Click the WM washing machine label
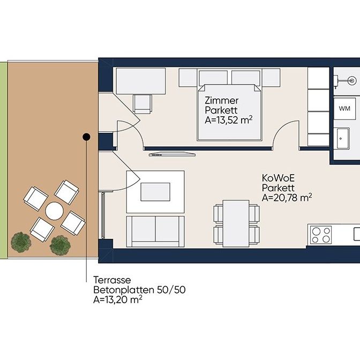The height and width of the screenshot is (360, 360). (344, 108)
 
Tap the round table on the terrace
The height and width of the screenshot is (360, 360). (55, 211)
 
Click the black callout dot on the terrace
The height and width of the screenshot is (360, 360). (86, 137)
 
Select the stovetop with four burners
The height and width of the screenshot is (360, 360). (321, 235)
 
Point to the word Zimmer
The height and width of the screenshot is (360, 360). (222, 101)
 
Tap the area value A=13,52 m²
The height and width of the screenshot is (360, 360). (228, 120)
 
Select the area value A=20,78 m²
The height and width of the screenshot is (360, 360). (287, 198)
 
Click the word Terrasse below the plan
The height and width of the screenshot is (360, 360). (112, 280)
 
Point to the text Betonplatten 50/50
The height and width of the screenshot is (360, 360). (139, 290)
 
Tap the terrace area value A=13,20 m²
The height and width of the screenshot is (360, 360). (117, 299)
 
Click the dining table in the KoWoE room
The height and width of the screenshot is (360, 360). (236, 223)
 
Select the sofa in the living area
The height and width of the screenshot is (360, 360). (155, 231)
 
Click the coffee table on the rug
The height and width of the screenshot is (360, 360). (155, 192)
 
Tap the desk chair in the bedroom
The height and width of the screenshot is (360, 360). (142, 104)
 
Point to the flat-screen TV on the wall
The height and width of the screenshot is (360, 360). (172, 154)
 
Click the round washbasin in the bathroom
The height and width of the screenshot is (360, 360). (351, 80)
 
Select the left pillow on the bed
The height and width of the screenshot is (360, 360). (213, 78)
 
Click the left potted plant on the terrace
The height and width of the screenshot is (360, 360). (21, 242)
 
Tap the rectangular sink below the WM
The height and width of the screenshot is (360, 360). (343, 138)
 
